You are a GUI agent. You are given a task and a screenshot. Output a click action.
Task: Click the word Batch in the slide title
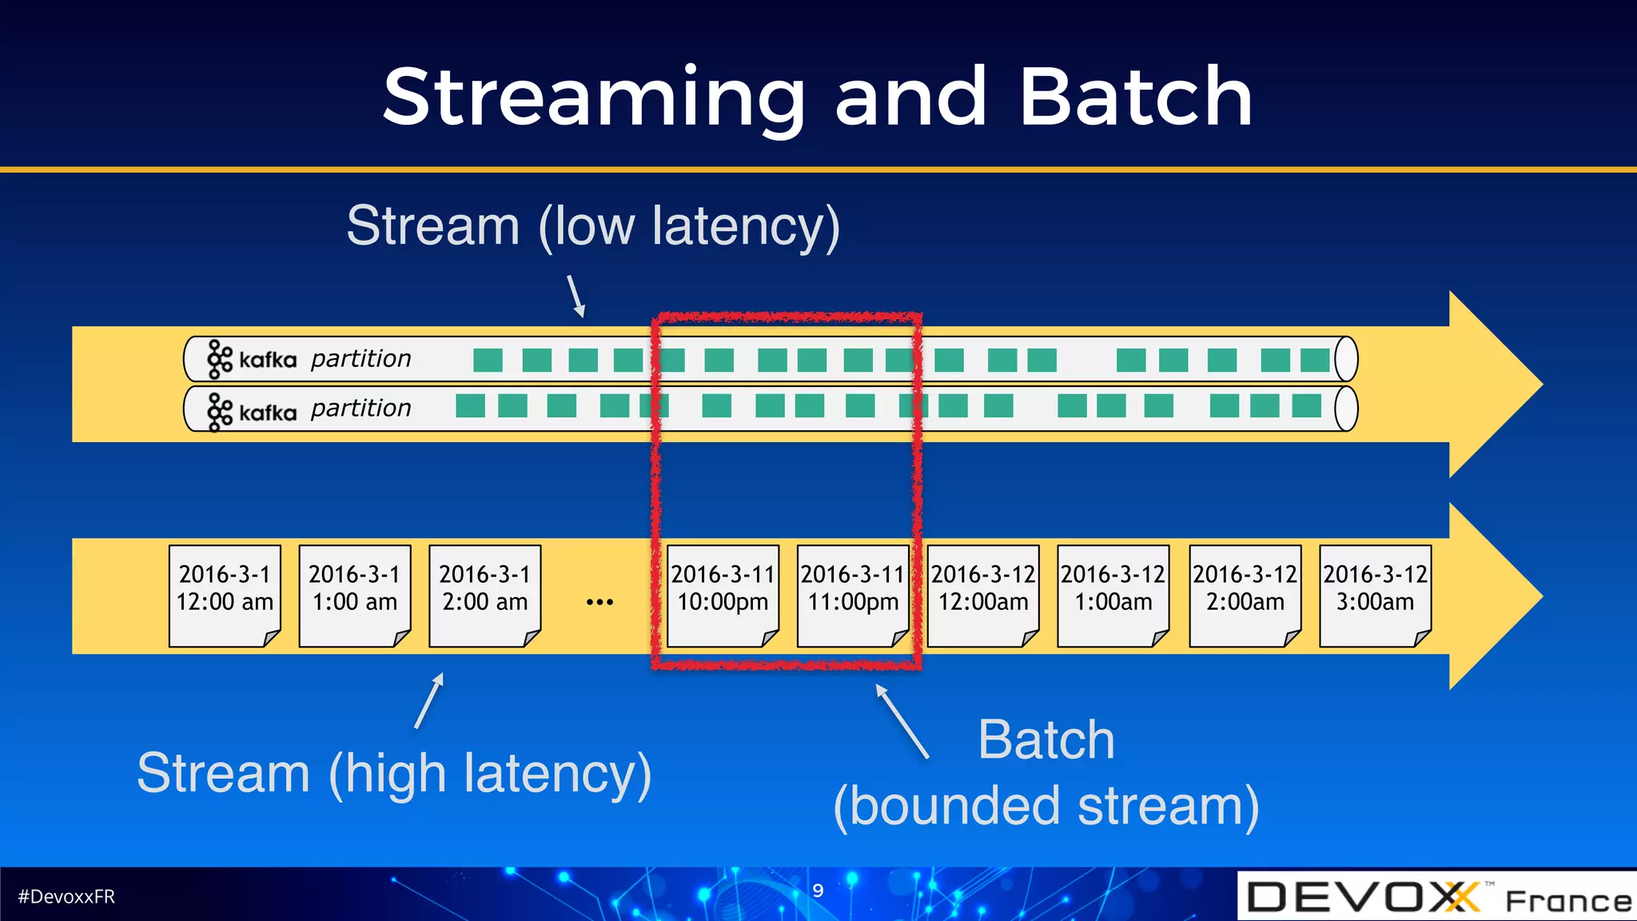(1135, 98)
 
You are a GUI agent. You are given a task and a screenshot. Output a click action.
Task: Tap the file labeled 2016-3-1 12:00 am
(225, 595)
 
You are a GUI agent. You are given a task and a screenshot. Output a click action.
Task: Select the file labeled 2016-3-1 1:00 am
(355, 595)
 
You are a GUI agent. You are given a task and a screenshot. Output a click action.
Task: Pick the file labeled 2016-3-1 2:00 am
(485, 595)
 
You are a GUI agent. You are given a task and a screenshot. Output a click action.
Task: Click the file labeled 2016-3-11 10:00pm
(723, 595)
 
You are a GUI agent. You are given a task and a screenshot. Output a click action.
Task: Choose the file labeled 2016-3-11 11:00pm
(853, 595)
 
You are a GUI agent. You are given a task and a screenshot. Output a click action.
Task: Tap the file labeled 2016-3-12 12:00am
(983, 595)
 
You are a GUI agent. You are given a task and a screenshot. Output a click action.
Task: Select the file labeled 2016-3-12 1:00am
(1113, 595)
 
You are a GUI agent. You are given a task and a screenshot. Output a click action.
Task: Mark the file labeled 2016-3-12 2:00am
(1245, 595)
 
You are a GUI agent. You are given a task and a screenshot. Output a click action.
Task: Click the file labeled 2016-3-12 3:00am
(1375, 595)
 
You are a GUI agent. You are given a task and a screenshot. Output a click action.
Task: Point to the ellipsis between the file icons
(599, 602)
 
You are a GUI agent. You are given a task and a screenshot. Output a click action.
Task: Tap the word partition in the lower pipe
(360, 409)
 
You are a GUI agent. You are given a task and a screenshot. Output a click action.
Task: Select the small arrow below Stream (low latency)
(576, 296)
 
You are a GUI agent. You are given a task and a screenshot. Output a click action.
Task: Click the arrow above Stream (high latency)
(429, 700)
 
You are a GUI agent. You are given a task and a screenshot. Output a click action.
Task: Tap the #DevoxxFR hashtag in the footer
(66, 896)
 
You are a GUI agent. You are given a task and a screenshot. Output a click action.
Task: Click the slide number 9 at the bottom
(818, 891)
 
